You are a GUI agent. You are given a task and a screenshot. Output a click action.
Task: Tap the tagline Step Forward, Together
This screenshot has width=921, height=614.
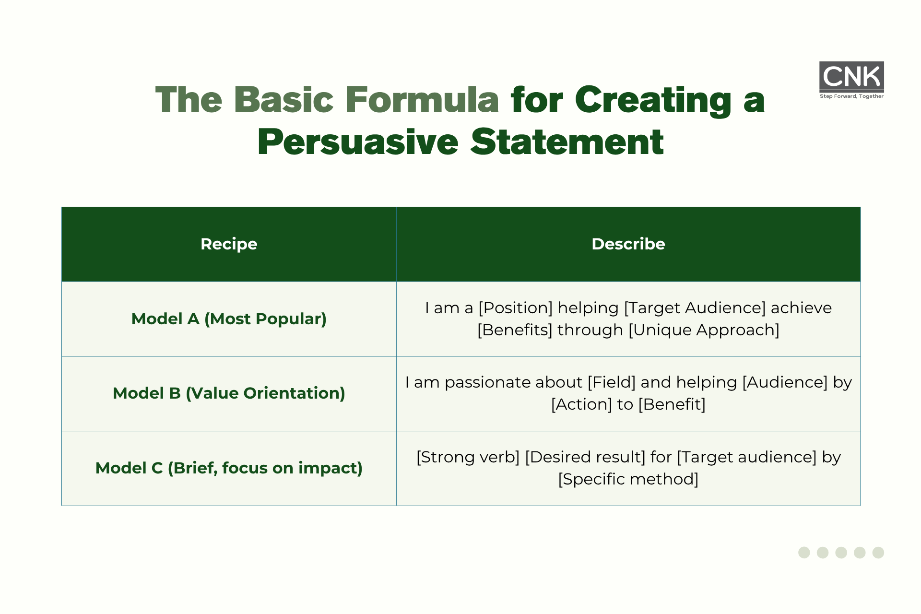851,96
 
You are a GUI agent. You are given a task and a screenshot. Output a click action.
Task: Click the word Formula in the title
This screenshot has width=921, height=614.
422,100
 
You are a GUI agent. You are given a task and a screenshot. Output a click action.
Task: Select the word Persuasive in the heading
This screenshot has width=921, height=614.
358,142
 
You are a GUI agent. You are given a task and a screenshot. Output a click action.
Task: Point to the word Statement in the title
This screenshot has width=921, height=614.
567,142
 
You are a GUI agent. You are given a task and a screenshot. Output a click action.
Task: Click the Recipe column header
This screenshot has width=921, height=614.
229,244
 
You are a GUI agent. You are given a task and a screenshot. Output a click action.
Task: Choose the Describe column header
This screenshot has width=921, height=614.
628,244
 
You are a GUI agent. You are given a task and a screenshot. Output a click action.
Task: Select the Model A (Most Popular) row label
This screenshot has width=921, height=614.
229,319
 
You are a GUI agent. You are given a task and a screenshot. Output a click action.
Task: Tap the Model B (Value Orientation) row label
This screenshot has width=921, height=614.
229,393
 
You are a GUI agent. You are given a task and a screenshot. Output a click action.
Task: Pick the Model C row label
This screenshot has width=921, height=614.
229,468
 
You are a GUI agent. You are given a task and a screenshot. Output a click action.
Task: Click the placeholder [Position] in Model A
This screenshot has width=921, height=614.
516,308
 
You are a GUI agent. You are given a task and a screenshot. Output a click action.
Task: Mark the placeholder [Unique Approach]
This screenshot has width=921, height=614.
704,330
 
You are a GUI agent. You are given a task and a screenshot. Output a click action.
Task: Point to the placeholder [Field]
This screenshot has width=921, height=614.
612,382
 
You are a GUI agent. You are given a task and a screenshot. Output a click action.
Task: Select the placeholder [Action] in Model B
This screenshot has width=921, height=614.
581,404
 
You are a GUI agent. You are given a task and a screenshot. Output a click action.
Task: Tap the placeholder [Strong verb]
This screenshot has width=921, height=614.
468,457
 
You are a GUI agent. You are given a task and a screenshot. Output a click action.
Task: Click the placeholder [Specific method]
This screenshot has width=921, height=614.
628,479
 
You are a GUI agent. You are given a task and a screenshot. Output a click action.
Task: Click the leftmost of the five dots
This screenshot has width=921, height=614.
804,553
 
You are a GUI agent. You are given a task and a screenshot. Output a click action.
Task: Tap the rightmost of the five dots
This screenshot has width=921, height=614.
878,553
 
